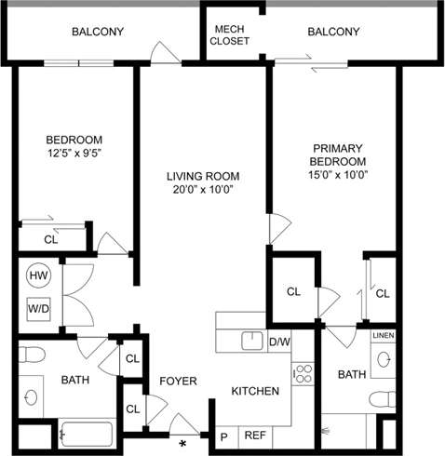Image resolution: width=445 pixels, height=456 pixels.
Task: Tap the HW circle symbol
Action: pyautogui.click(x=38, y=275)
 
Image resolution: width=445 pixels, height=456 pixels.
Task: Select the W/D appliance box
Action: pyautogui.click(x=38, y=308)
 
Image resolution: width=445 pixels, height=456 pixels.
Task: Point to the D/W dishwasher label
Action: pyautogui.click(x=279, y=342)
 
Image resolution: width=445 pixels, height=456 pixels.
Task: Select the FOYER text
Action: pyautogui.click(x=177, y=381)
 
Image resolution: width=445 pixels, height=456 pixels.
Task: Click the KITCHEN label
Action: pyautogui.click(x=255, y=391)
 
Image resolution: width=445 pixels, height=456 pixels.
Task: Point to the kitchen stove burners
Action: pyautogui.click(x=303, y=373)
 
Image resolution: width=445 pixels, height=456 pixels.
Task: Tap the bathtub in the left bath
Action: pyautogui.click(x=85, y=434)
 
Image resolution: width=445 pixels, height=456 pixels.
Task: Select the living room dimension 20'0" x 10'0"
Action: pyautogui.click(x=203, y=190)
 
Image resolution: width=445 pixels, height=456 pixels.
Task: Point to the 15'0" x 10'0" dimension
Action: pyautogui.click(x=339, y=176)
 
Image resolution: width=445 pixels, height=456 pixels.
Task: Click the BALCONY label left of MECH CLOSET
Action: pyautogui.click(x=98, y=32)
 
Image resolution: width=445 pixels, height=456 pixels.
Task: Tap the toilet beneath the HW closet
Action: pyautogui.click(x=34, y=355)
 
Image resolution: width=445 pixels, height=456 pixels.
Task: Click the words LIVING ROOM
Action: pyautogui.click(x=203, y=176)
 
